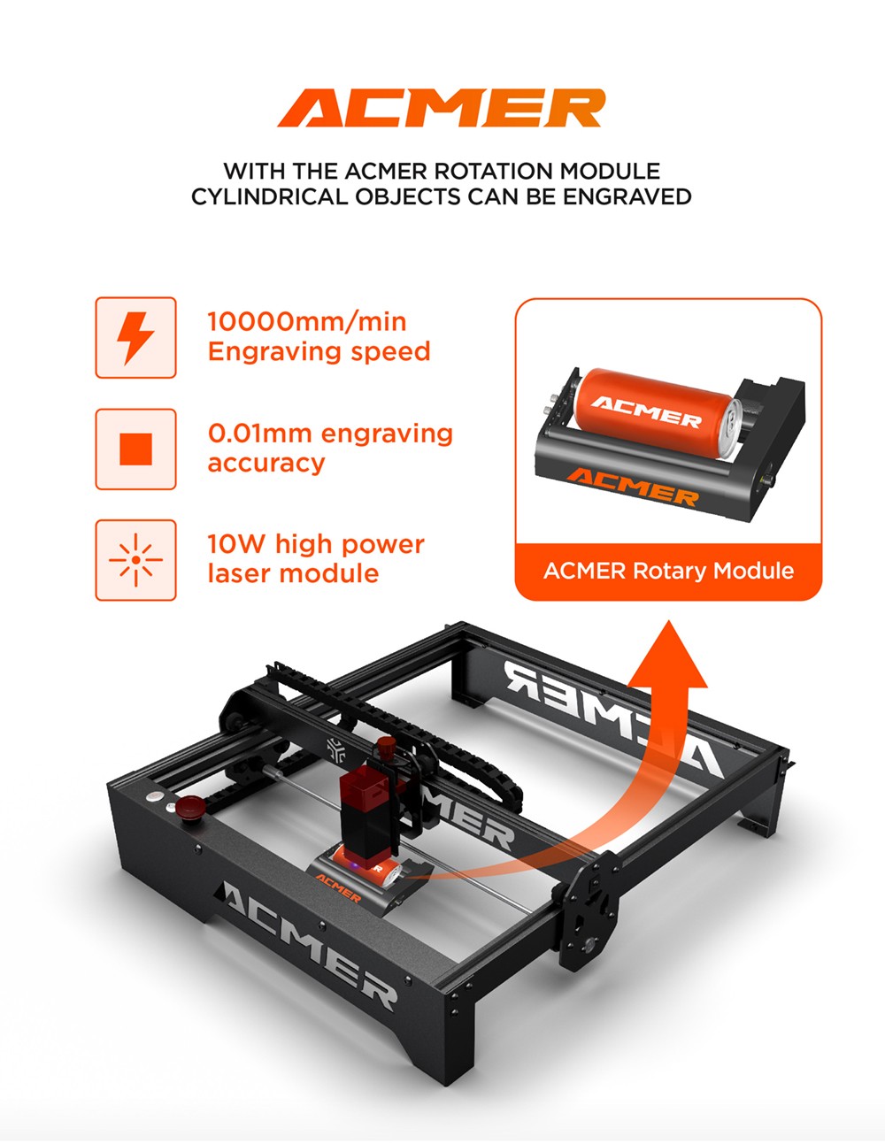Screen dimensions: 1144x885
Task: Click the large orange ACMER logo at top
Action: coord(441,109)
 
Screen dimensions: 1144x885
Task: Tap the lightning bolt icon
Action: coord(135,338)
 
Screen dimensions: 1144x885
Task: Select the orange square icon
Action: coord(135,449)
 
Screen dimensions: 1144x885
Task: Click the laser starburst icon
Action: coord(135,560)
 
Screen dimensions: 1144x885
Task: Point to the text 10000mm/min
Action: coord(307,322)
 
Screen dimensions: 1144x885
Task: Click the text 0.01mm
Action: coord(259,434)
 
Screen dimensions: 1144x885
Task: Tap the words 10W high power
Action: coord(316,544)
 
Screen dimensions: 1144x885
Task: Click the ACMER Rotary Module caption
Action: coord(668,571)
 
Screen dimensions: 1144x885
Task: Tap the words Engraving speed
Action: coord(319,351)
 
